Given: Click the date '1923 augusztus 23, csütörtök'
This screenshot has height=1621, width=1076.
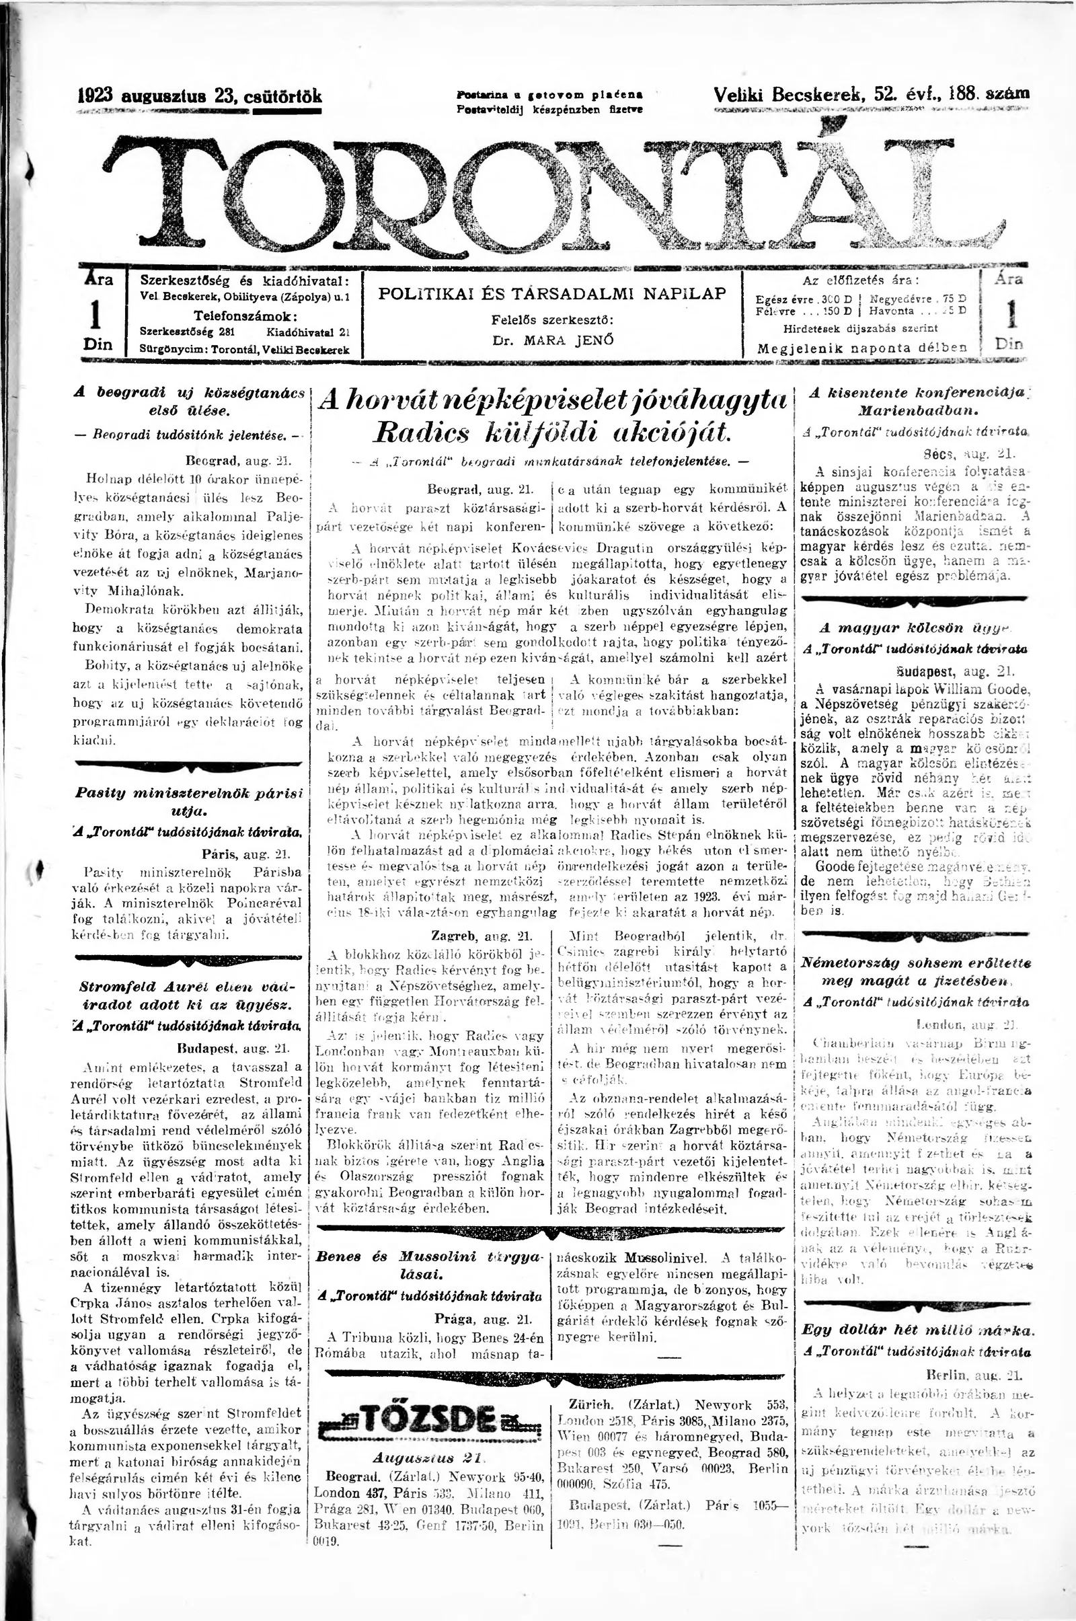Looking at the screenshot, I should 199,96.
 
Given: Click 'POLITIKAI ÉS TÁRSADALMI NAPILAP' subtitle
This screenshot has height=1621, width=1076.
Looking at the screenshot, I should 551,294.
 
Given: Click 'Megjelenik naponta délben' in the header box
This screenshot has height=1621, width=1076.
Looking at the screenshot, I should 861,348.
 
